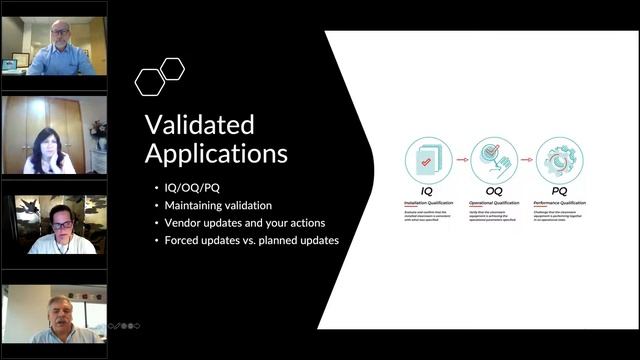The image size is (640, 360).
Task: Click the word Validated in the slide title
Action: coord(200,125)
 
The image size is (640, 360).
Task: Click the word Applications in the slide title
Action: coord(217,154)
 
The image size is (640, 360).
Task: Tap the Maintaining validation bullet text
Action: coord(211,205)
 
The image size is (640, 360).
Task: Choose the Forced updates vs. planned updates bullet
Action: coord(246,239)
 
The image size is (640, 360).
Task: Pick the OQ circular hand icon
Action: coord(494,161)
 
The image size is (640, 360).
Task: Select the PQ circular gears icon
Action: coord(559,161)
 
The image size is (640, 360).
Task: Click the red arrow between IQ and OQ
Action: coord(462,158)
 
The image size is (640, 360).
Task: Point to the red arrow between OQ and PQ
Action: coord(527,158)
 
